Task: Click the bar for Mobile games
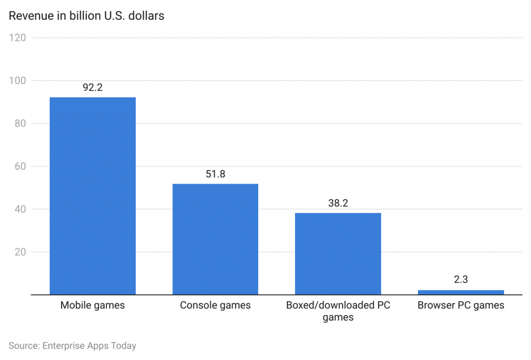click(x=92, y=196)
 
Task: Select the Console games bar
click(x=215, y=239)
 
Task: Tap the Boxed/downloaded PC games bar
click(x=338, y=254)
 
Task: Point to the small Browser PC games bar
click(x=460, y=292)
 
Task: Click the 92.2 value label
click(x=92, y=88)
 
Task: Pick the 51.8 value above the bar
click(x=215, y=174)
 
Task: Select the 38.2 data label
click(x=338, y=203)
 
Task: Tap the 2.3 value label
click(x=460, y=280)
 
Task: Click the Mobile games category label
click(x=92, y=306)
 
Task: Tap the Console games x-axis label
click(x=215, y=306)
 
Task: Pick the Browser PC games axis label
click(x=460, y=306)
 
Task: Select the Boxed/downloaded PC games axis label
click(x=338, y=311)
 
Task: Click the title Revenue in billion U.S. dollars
click(x=87, y=16)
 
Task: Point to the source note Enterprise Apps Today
click(x=72, y=345)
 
